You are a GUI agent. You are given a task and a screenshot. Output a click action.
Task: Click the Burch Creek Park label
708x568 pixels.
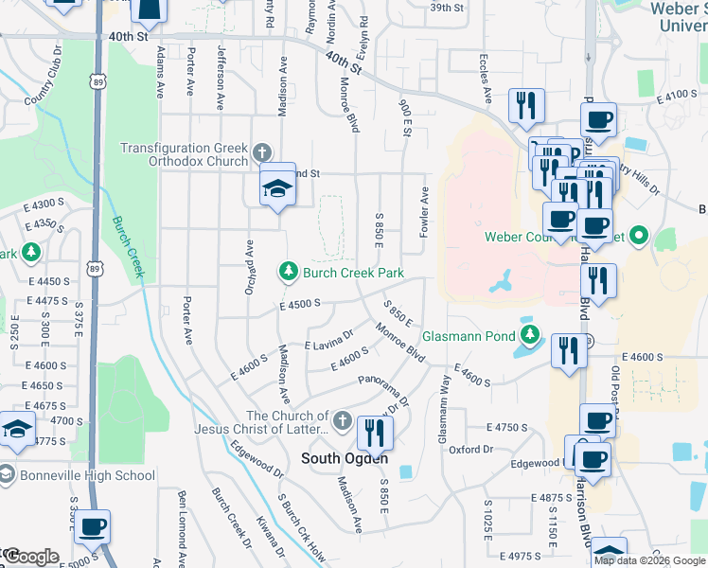coord(353,274)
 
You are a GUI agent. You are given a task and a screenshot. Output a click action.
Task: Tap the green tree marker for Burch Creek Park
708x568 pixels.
coord(288,273)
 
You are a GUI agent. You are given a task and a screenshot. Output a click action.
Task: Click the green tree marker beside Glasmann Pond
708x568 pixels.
coord(530,335)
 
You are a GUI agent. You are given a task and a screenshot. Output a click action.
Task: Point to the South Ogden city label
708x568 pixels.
coord(339,458)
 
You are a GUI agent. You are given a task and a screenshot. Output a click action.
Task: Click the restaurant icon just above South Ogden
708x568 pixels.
coord(375,434)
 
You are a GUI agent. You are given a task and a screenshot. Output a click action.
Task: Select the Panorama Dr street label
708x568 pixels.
coord(383,390)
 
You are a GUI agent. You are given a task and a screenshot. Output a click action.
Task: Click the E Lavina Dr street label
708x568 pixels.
coord(328,340)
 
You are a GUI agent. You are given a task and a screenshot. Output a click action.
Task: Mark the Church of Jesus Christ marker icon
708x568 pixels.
coord(343,419)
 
